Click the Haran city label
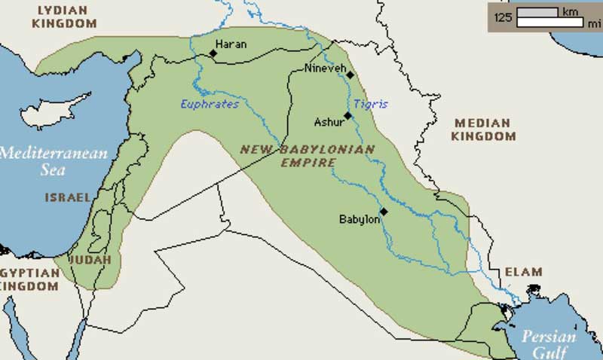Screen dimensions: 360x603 [x=231, y=44]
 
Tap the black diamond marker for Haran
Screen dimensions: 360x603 [x=213, y=53]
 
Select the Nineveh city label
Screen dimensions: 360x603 [x=325, y=69]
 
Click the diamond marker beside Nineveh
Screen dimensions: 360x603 [x=350, y=75]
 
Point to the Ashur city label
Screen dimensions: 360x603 [x=328, y=121]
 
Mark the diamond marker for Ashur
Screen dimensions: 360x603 [x=347, y=116]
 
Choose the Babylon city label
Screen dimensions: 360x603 [x=359, y=219]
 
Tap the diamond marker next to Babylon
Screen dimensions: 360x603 [x=383, y=212]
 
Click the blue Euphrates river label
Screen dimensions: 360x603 [x=210, y=104]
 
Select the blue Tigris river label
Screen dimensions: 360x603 [x=370, y=104]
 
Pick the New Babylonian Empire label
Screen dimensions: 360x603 [x=307, y=155]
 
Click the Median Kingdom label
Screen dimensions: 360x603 [x=483, y=130]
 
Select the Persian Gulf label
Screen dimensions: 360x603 [x=548, y=343]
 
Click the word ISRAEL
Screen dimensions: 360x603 [x=67, y=197]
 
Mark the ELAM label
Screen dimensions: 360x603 [x=523, y=272]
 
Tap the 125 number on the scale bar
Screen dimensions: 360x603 [x=504, y=16]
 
